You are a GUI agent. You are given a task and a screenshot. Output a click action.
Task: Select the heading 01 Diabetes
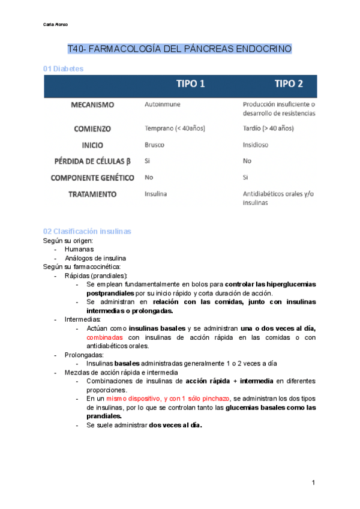click(x=63, y=69)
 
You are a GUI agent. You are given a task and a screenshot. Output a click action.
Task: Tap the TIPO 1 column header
click(x=190, y=84)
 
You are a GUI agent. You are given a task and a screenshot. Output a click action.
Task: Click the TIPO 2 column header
click(x=289, y=84)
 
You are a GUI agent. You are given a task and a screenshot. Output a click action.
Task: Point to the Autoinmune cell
click(x=163, y=104)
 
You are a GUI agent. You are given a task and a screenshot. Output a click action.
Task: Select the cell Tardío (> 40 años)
click(x=268, y=128)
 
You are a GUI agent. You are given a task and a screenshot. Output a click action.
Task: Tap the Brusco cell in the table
click(x=155, y=145)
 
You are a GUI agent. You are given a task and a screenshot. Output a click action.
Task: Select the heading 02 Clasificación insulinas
click(x=87, y=231)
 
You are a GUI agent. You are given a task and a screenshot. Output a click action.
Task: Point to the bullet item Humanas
click(x=79, y=249)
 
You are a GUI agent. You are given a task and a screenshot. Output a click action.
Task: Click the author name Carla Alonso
click(x=56, y=25)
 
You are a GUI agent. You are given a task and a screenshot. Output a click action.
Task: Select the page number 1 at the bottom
click(x=313, y=483)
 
